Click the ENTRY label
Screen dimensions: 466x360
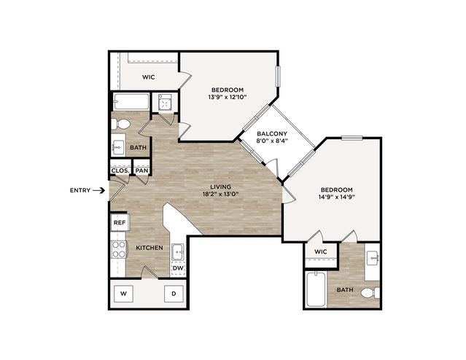point(80,190)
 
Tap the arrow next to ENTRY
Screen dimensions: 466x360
point(99,190)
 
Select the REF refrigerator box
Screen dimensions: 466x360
point(120,222)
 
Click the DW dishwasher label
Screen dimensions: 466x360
point(179,268)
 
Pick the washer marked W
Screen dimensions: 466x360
point(124,294)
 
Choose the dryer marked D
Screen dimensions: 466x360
point(174,294)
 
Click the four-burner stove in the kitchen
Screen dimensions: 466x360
point(119,249)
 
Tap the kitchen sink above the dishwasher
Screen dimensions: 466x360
point(178,252)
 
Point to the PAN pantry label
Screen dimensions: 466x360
point(141,171)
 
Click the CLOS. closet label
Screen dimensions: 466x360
point(120,171)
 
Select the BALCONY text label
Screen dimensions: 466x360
point(272,133)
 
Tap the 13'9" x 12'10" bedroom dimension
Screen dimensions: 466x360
point(228,97)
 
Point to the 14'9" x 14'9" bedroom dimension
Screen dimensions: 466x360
point(336,197)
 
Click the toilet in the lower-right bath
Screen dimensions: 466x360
point(370,293)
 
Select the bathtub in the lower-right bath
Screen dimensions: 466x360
point(316,289)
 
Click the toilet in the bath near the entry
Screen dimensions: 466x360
point(120,124)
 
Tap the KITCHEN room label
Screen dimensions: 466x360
point(149,248)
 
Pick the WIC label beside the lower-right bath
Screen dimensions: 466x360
point(321,252)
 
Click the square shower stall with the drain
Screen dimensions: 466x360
point(165,102)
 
